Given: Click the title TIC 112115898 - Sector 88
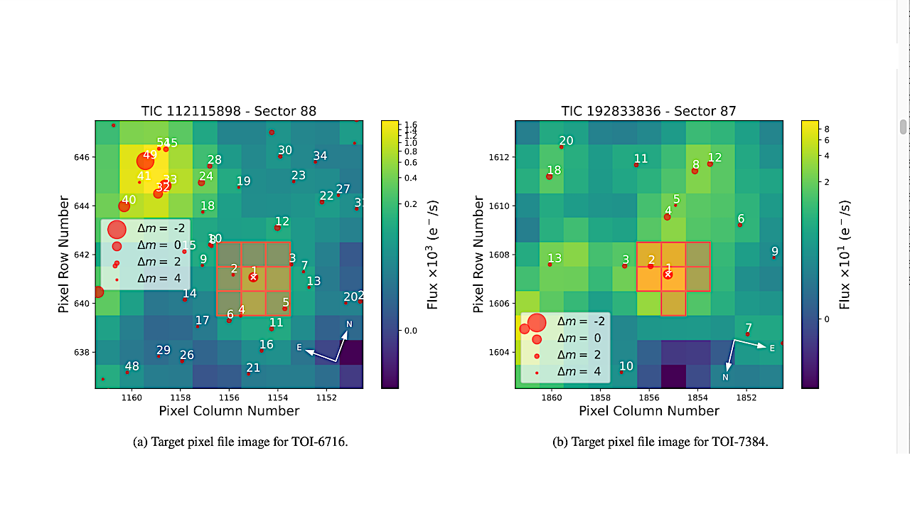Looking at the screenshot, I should click(x=229, y=111).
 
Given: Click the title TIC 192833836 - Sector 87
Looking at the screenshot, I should click(x=648, y=111).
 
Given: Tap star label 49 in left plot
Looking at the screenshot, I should click(x=150, y=155).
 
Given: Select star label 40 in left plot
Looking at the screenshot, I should click(x=129, y=200).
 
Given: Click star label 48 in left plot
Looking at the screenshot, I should click(x=132, y=366).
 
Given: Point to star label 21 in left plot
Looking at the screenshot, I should click(x=253, y=368).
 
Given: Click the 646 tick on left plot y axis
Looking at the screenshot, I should click(x=82, y=156).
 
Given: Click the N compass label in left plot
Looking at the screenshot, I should click(x=349, y=324).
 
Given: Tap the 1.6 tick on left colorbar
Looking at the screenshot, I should click(x=410, y=125).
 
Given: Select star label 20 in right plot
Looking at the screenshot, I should click(x=566, y=141).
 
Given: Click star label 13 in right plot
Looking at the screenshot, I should click(x=555, y=258).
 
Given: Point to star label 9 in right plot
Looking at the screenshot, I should click(x=775, y=251).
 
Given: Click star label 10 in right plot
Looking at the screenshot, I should click(x=626, y=366).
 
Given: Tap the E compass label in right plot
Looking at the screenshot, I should click(x=772, y=348).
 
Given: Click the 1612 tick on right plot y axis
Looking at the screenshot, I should click(x=501, y=156).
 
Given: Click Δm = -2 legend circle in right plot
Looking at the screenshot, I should click(x=537, y=322).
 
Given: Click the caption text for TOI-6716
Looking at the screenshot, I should click(x=240, y=442).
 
